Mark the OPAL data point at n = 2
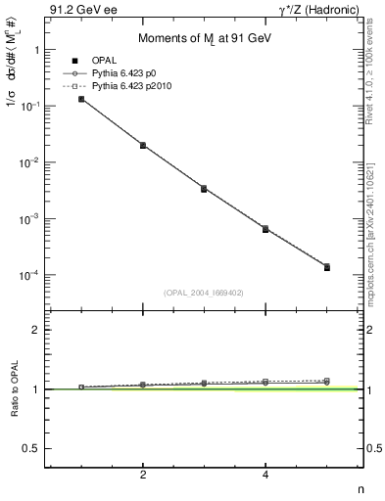point(143,146)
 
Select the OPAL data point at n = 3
point(204,189)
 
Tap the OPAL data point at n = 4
point(265,229)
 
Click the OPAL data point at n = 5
point(326,267)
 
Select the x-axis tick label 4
point(265,476)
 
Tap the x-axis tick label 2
point(143,476)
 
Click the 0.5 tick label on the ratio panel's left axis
point(31,448)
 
